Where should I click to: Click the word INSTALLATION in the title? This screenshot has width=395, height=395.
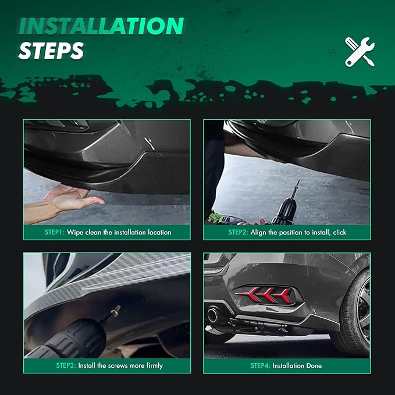pos(101,26)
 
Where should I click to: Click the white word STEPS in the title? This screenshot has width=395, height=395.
pos(51,51)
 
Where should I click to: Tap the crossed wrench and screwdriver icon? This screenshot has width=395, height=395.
pos(360,52)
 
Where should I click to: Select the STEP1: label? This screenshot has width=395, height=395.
pos(55,232)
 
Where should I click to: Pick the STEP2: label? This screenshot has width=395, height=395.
pos(239,232)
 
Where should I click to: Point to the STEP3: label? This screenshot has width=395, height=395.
pos(66,365)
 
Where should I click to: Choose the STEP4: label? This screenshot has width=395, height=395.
pos(261,365)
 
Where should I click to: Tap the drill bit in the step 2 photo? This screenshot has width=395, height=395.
pos(296,189)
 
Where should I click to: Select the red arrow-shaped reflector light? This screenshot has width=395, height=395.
pos(264,294)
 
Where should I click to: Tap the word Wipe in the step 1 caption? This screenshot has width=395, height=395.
pos(75,233)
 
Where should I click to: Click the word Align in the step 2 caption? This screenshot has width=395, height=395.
pos(258,233)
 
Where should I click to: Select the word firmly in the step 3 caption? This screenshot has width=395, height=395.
pos(155,365)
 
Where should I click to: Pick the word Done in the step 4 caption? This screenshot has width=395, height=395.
pos(314,365)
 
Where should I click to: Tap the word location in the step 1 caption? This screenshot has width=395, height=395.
pos(159,232)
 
